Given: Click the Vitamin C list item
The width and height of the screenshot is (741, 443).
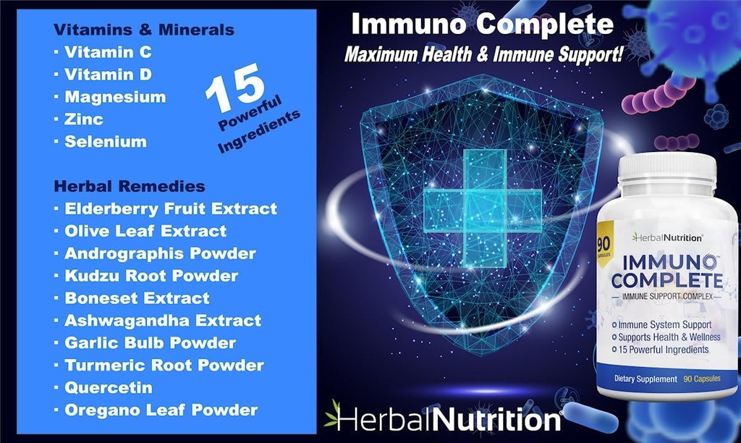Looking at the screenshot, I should pyautogui.click(x=108, y=52).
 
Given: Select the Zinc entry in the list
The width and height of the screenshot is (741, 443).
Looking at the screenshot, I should pyautogui.click(x=83, y=119).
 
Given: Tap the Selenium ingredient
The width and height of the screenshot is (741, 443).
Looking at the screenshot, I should pyautogui.click(x=105, y=142).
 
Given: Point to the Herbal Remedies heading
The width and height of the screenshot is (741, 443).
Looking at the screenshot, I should pyautogui.click(x=129, y=186).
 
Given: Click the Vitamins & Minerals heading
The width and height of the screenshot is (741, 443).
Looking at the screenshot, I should pyautogui.click(x=143, y=30).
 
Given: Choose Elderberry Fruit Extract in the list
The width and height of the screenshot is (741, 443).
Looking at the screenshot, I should pyautogui.click(x=170, y=208).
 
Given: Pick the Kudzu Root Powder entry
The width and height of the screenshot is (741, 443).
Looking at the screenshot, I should pyautogui.click(x=151, y=276).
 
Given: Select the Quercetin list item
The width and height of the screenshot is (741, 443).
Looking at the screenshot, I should pyautogui.click(x=108, y=387).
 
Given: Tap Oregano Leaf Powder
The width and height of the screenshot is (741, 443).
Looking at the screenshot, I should pyautogui.click(x=161, y=410).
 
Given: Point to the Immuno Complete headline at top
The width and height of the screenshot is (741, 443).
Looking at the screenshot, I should pyautogui.click(x=482, y=24).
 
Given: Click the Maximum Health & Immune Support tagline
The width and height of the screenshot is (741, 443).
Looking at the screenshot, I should pyautogui.click(x=483, y=54).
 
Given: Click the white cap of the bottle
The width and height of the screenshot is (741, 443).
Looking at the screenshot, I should pyautogui.click(x=667, y=174).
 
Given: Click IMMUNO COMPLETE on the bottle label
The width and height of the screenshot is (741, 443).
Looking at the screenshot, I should pyautogui.click(x=667, y=269).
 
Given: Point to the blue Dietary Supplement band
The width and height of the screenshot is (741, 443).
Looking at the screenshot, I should pyautogui.click(x=667, y=379).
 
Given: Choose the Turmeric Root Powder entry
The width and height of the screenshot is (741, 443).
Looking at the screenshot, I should pyautogui.click(x=164, y=365).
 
